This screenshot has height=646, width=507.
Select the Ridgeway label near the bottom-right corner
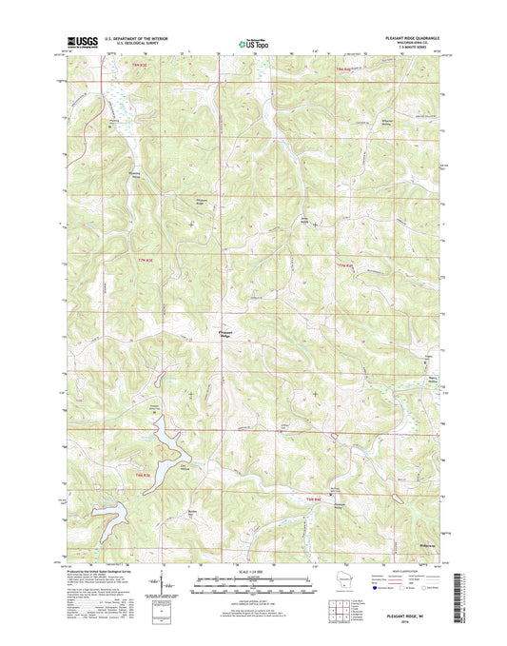428,545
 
